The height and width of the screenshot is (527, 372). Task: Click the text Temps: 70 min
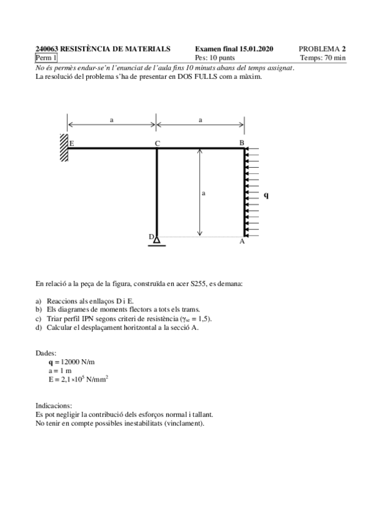tap(322, 58)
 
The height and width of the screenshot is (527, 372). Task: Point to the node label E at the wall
tap(72, 144)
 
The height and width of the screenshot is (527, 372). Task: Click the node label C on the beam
tap(157, 143)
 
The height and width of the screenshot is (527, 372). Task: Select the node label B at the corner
tap(242, 143)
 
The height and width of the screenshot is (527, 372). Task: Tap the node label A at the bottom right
tap(242, 242)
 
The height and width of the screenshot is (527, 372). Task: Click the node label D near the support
tap(150, 237)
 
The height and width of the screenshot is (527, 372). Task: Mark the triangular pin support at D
tap(157, 240)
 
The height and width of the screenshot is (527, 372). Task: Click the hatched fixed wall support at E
tap(64, 148)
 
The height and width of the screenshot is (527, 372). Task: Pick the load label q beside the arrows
tap(266, 195)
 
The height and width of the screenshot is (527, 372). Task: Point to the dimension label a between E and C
tap(112, 120)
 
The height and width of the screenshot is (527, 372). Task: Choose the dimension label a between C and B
tap(201, 120)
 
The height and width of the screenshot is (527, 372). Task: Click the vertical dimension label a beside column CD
tap(204, 193)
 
